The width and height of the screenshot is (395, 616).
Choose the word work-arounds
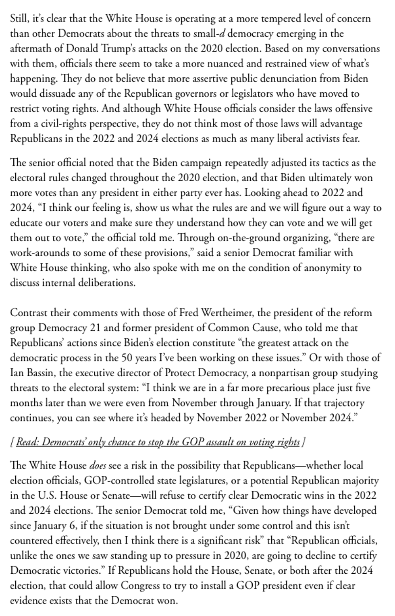pos(37,253)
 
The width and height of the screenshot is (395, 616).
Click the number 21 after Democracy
pos(95,328)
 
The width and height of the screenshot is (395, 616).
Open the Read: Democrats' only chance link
pos(158,442)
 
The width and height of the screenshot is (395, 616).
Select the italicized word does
pos(97,465)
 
